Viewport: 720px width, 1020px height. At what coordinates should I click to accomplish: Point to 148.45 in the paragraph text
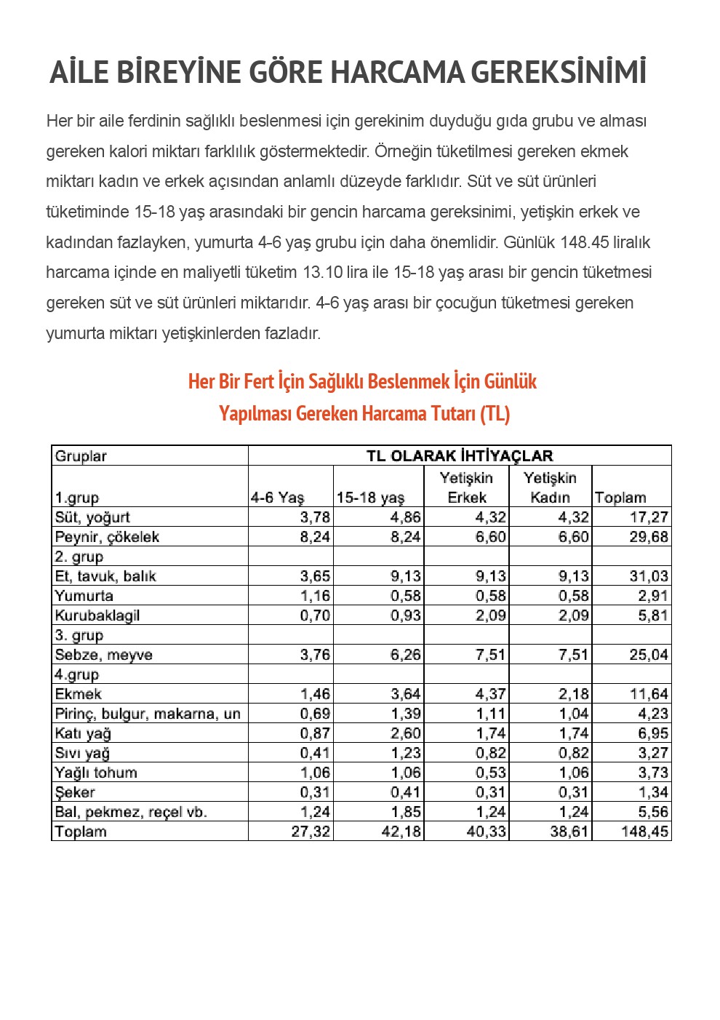coord(588,242)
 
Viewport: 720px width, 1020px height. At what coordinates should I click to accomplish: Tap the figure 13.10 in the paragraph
coord(322,273)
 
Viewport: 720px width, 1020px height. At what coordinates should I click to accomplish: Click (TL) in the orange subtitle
coord(495,414)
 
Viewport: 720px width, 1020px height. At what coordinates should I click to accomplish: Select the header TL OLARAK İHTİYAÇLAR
coord(459,456)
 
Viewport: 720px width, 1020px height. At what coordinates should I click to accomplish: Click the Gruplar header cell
coord(81,456)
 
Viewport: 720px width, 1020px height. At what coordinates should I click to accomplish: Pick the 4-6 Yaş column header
coord(277,498)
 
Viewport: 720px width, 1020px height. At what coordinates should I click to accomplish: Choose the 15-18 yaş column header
coord(370,498)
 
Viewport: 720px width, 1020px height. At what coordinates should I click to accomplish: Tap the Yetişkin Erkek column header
coord(466,487)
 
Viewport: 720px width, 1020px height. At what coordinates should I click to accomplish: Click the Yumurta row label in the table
coord(84,596)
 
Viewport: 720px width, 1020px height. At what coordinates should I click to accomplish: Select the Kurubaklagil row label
coord(97,615)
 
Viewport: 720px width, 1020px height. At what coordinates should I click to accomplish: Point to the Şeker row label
coord(75,792)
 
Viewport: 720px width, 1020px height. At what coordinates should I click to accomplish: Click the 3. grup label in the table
coord(79,635)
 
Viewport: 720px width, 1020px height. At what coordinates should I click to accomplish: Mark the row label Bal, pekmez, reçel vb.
coord(131,812)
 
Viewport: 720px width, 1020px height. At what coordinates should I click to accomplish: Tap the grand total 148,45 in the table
coord(645,832)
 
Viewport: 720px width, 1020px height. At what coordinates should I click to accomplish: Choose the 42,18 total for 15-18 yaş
coord(401,832)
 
